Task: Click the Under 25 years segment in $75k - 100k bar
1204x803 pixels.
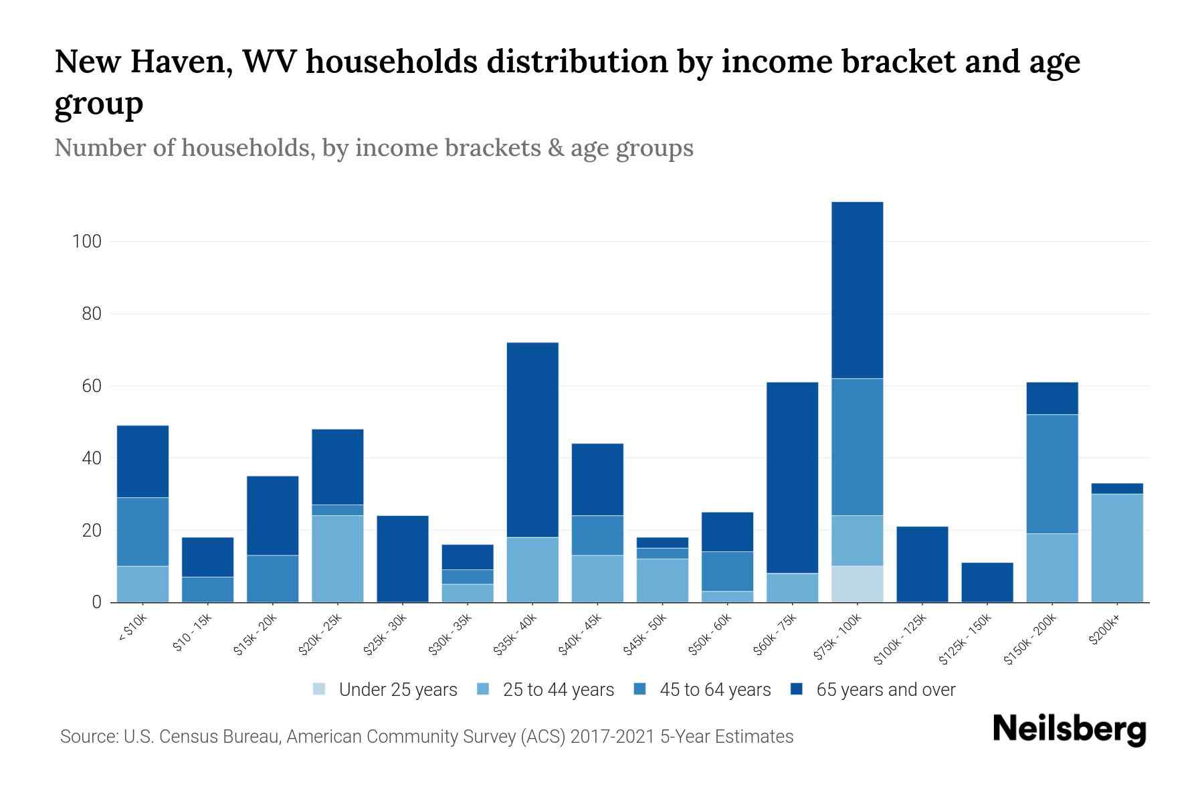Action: pos(857,584)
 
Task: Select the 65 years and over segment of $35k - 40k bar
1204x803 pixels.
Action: pos(532,440)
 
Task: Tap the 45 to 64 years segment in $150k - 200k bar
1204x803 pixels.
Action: pos(1052,474)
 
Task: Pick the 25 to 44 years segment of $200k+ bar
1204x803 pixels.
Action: pos(1117,548)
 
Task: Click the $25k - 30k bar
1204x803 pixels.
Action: pos(403,559)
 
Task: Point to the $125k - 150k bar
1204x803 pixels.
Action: pos(987,582)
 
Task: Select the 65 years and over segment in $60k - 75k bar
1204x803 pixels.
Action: pos(792,478)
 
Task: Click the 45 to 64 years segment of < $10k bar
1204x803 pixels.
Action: pos(142,532)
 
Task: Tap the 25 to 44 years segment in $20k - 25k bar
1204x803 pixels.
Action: pos(338,559)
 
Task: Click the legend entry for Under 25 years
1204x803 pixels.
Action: pos(397,690)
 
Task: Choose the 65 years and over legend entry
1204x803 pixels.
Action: pos(885,690)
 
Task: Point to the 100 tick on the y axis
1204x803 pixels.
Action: pos(86,242)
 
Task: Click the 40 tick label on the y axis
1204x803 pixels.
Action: pos(90,458)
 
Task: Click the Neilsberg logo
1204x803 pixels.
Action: pos(1069,729)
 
